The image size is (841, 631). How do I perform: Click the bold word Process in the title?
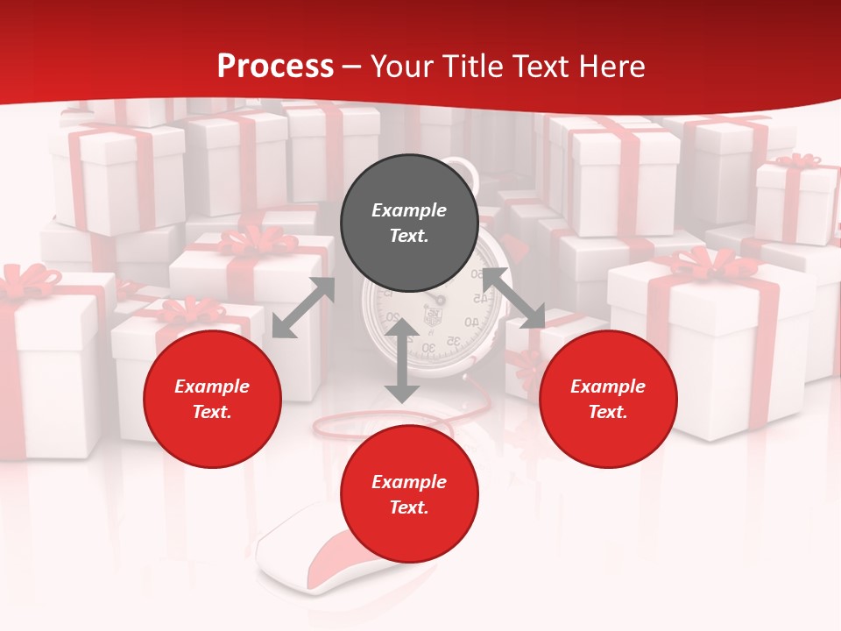coord(275,67)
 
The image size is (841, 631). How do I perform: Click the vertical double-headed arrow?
coord(401,361)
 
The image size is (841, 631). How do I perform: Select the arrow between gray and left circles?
coord(304,308)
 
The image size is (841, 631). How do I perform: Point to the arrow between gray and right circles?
coord(514,298)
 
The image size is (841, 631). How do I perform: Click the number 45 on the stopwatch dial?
coord(478,299)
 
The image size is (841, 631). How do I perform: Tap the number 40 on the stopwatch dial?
coord(470,323)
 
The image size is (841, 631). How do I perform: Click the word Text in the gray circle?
coord(409,236)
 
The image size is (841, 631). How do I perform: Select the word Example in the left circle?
coord(212,386)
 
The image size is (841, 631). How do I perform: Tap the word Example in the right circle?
coord(608,386)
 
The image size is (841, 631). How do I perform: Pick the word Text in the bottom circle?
coord(409,507)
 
